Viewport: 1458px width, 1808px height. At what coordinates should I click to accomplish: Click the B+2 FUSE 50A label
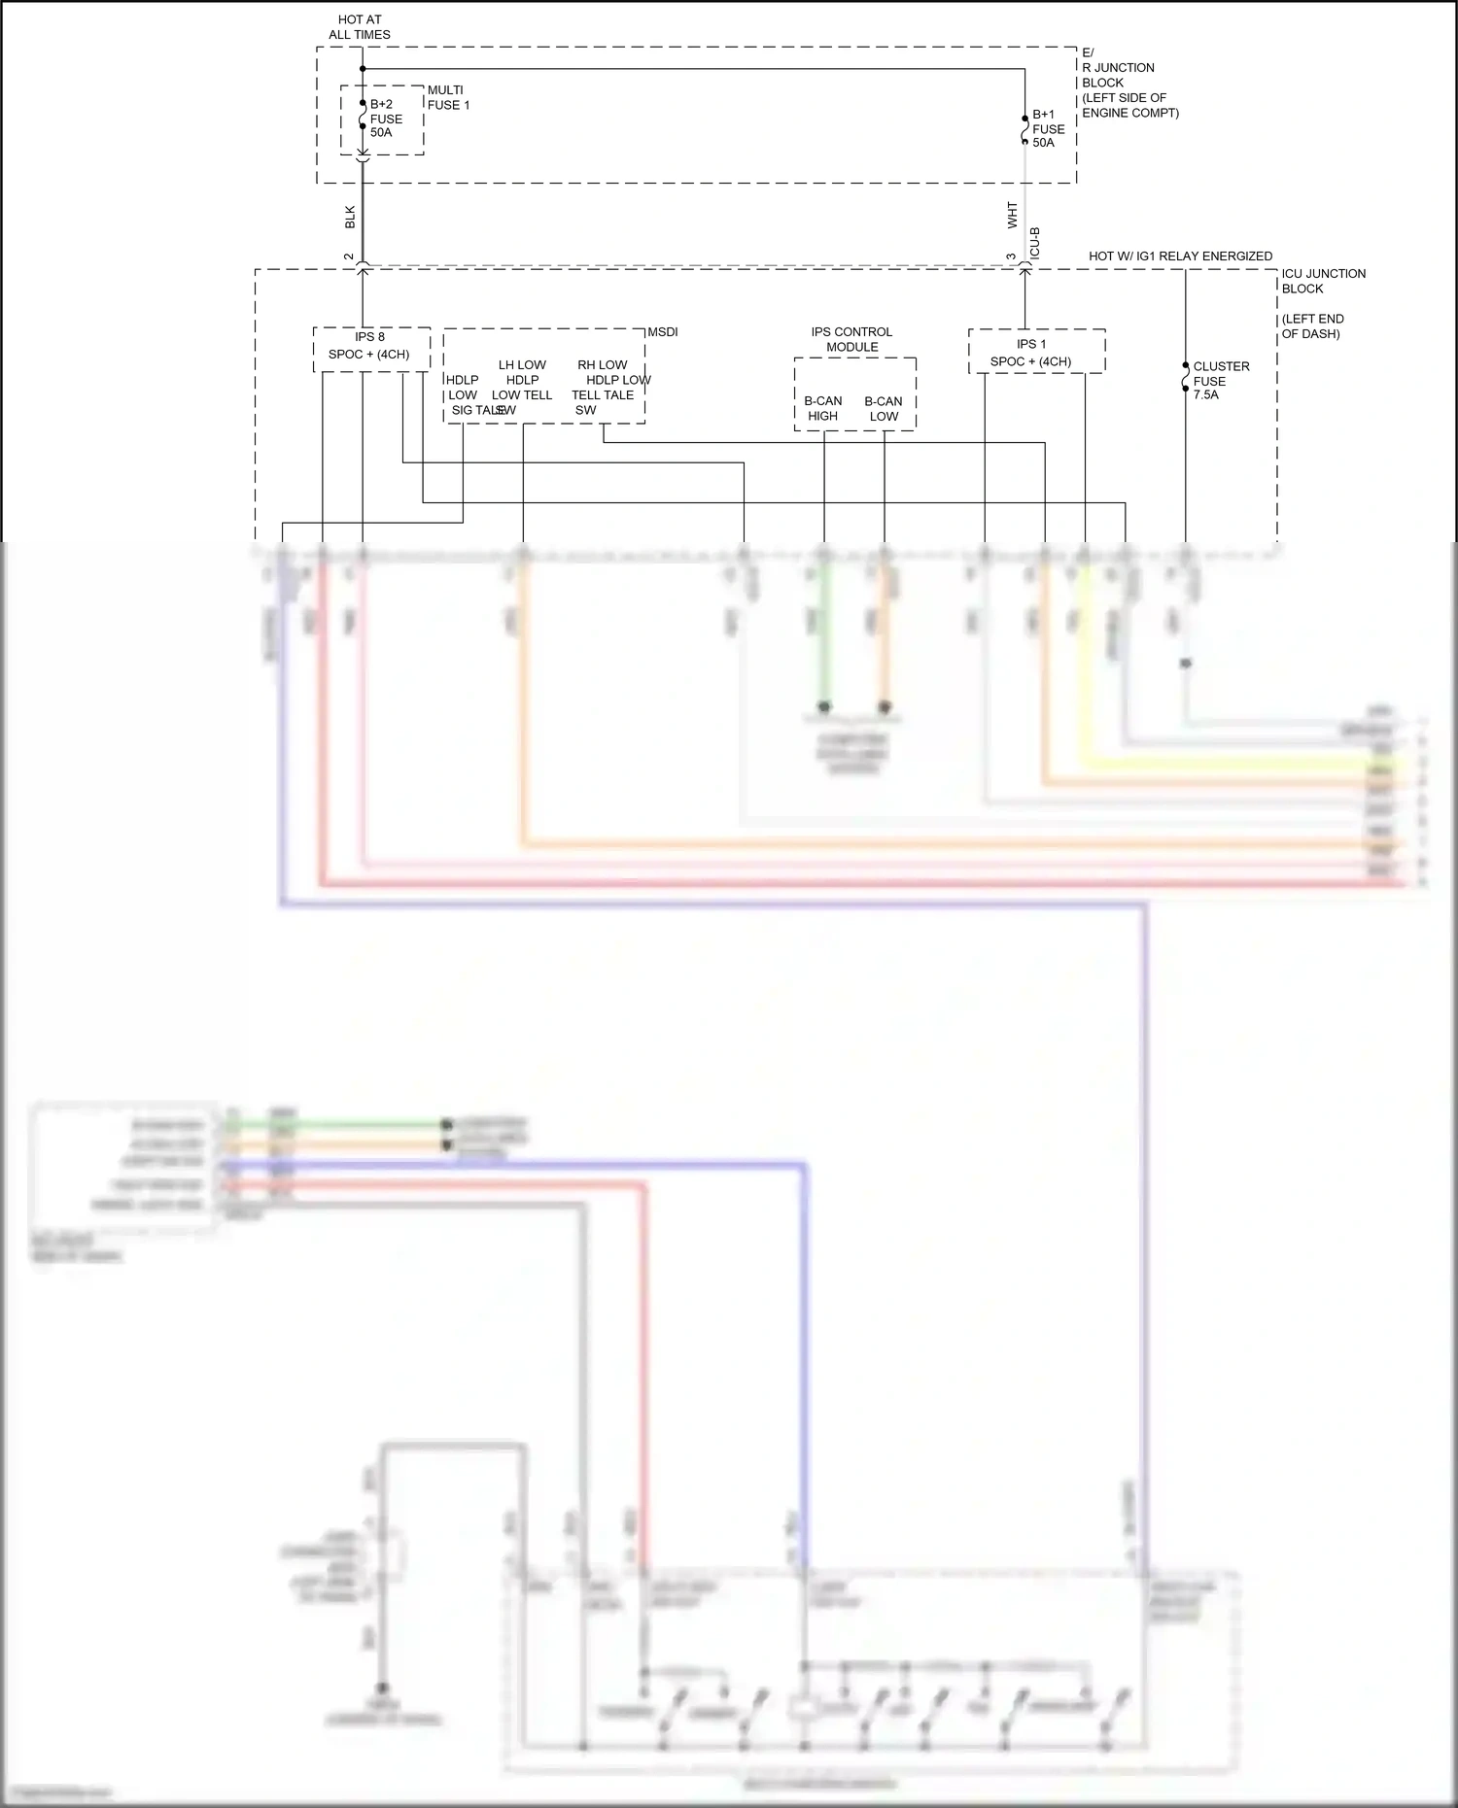coord(385,119)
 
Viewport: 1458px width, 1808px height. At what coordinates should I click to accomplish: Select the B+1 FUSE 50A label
coord(1048,128)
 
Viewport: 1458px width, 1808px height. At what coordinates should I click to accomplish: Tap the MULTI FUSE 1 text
coord(448,97)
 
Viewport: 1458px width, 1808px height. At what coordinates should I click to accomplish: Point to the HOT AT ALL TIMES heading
coord(360,27)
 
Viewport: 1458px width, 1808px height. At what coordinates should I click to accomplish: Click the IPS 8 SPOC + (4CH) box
coord(370,348)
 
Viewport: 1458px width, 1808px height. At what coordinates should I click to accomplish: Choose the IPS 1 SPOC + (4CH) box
coord(1035,352)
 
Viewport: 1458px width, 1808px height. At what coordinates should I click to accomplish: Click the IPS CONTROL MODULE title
coord(852,339)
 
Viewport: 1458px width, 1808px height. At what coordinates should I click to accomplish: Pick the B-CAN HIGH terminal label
coord(823,408)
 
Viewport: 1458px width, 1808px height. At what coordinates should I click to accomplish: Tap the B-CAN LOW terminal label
coord(884,408)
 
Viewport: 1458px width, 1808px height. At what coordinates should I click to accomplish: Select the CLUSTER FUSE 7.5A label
coord(1221,381)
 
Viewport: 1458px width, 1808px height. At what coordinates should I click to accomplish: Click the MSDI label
coord(663,332)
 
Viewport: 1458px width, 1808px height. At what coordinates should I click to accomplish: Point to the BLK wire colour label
coord(350,217)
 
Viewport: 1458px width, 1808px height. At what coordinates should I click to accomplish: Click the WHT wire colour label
coord(1012,216)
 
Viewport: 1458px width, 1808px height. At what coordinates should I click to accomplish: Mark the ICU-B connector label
coord(1035,243)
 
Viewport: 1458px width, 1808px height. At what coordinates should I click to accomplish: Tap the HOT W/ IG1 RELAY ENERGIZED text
coord(1180,256)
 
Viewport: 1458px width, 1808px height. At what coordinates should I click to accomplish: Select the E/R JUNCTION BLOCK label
coord(1129,83)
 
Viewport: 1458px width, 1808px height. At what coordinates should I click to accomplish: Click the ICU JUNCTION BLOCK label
coord(1323,281)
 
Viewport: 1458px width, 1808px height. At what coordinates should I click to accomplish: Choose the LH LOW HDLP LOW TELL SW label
coord(521,388)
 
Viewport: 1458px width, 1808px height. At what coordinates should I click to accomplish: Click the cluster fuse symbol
coord(1185,377)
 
